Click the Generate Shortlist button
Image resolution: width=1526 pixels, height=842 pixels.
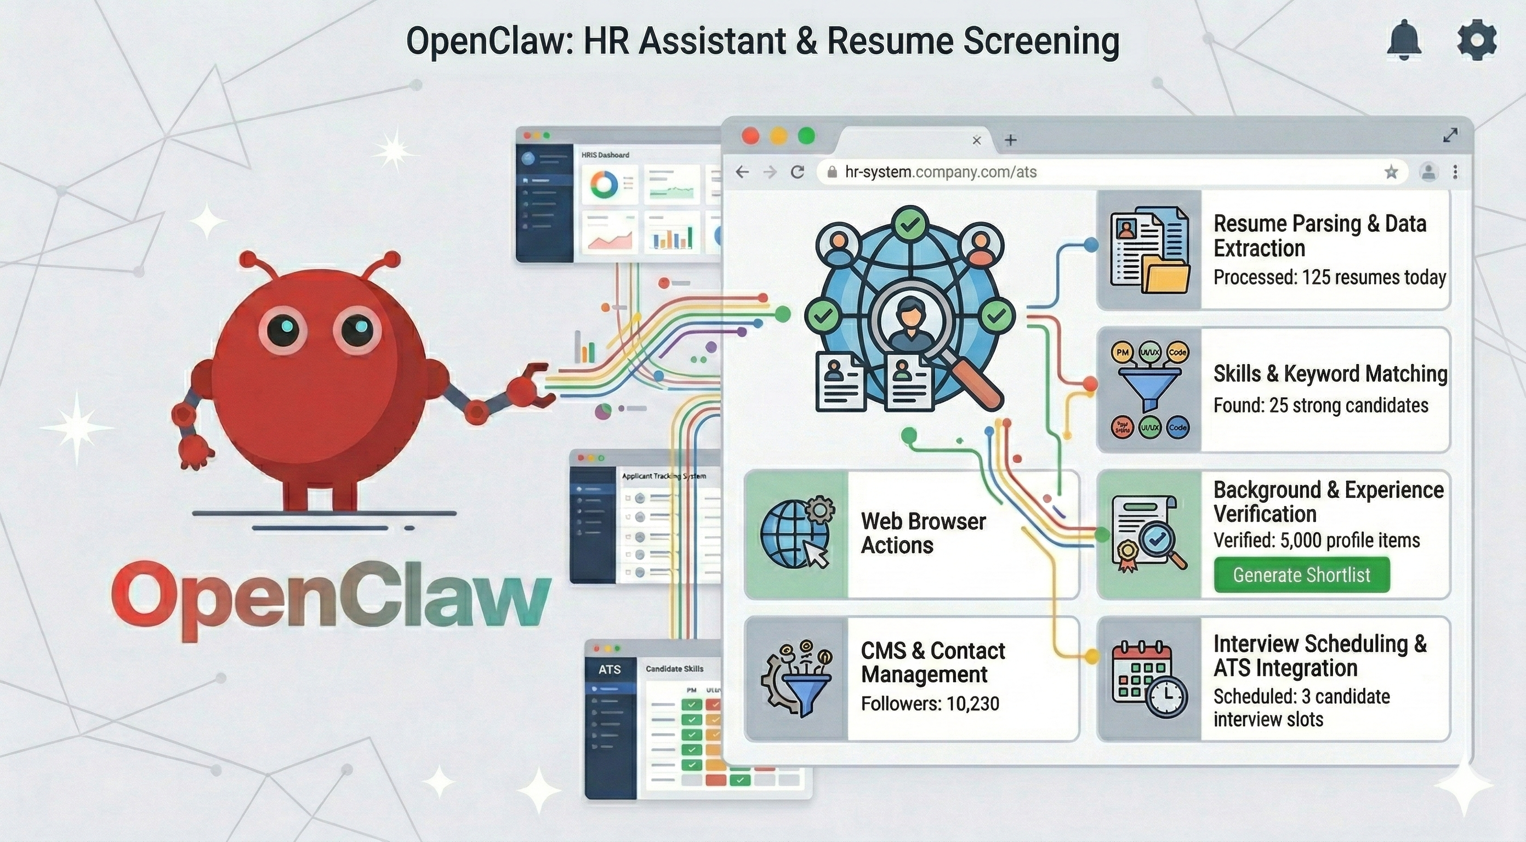tap(1301, 575)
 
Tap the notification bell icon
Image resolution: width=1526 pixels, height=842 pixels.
tap(1404, 41)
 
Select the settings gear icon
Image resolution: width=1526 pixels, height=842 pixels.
tap(1476, 41)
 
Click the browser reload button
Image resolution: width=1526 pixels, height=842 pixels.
tap(798, 172)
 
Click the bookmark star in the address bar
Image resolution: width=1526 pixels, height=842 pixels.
tap(1391, 173)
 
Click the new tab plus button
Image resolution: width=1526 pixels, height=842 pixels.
tap(1011, 140)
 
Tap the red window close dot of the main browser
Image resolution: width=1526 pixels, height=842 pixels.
tap(750, 136)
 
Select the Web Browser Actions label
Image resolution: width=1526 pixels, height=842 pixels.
tap(923, 533)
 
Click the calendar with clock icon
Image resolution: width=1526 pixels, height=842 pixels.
tap(1149, 679)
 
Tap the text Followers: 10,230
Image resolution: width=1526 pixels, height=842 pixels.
tap(930, 704)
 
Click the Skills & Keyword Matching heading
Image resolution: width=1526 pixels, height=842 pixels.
tap(1330, 374)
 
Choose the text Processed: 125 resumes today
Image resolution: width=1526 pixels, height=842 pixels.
tap(1329, 277)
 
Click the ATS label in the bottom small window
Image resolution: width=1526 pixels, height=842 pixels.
tap(609, 669)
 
